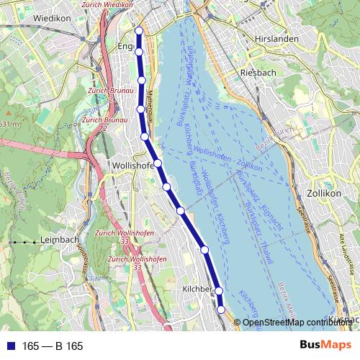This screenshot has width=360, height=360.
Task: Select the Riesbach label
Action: pos(254,73)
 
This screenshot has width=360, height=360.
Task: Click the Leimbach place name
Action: pos(60,240)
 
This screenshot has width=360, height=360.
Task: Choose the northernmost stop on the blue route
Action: pos(139,30)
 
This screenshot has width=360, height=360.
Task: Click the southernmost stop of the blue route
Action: pos(221,309)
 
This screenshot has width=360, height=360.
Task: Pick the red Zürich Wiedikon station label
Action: pos(109,4)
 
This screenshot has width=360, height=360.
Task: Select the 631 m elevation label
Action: pos(9,124)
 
